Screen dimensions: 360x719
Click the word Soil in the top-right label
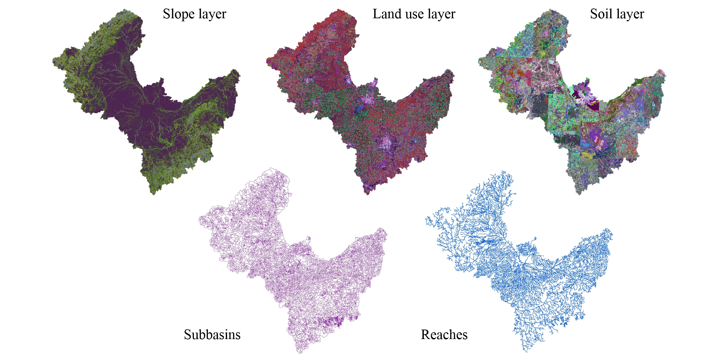pos(601,14)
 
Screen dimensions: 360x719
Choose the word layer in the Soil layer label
pos(630,14)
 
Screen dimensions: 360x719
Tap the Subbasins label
pos(212,335)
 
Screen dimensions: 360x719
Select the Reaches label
pos(444,335)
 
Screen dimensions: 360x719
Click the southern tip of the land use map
pos(367,194)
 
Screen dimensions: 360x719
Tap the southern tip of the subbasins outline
pos(299,353)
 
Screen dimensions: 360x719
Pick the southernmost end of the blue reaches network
pos(526,351)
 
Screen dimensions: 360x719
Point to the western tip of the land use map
pos(267,62)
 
